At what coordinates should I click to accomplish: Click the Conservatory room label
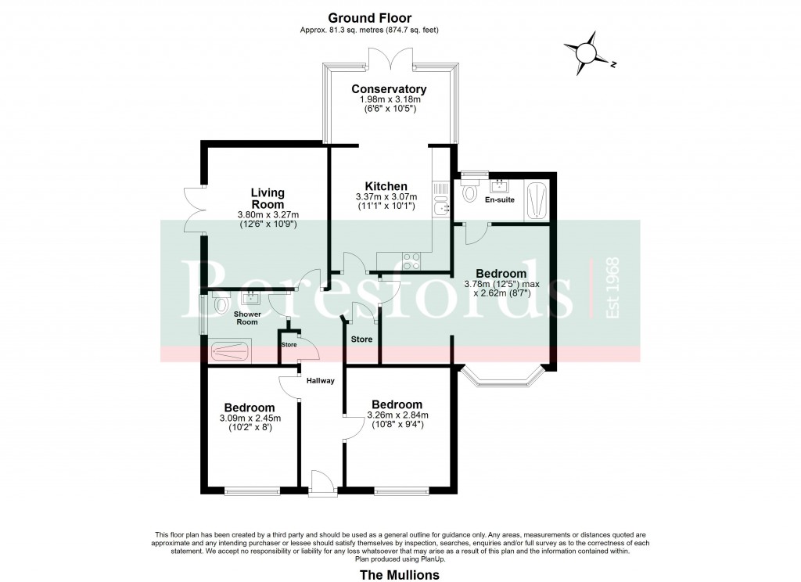[x=389, y=89]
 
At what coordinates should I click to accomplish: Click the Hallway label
[x=320, y=381]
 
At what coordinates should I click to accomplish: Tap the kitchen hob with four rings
[x=411, y=261]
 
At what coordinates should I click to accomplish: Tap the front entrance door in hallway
[x=321, y=482]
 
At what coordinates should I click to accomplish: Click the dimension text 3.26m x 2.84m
[x=398, y=415]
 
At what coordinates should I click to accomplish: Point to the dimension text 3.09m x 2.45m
[x=250, y=418]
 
